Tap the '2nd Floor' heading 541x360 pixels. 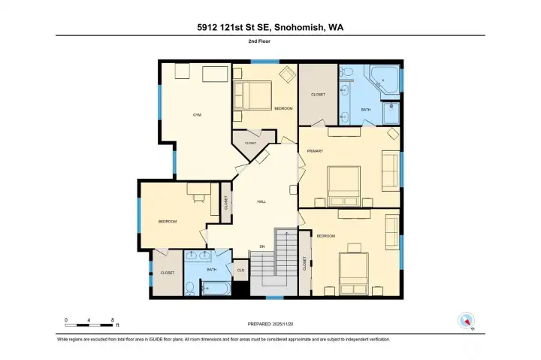(x=270, y=42)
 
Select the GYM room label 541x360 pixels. (x=198, y=115)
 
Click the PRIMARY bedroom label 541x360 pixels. (x=314, y=152)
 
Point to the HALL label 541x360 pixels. (x=261, y=201)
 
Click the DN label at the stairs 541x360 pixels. (x=261, y=246)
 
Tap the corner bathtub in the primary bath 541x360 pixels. (x=385, y=81)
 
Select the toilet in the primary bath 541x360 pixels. (x=346, y=74)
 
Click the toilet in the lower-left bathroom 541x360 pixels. (x=191, y=287)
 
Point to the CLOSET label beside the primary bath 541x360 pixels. (x=317, y=94)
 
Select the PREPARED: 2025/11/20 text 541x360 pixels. (x=270, y=324)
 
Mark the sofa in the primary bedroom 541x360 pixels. (x=391, y=171)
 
